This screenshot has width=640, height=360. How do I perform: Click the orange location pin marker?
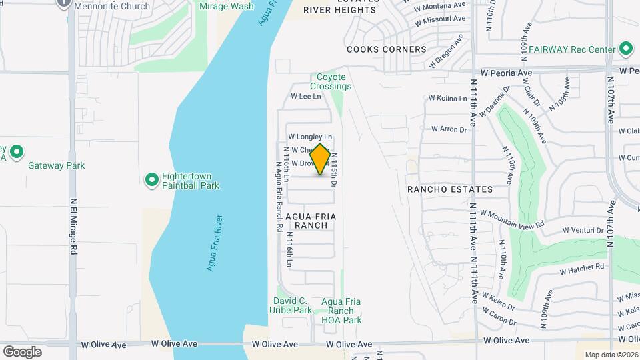click(x=320, y=160)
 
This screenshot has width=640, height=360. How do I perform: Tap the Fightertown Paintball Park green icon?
click(x=151, y=179)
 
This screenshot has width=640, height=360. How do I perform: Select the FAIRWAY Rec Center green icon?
click(x=625, y=49)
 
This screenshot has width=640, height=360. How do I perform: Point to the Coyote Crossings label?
click(x=331, y=82)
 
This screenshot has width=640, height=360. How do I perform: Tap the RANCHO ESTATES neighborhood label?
click(x=450, y=189)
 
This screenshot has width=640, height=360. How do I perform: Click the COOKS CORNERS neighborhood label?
click(x=386, y=49)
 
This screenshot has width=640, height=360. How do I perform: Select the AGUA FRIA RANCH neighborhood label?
click(x=311, y=221)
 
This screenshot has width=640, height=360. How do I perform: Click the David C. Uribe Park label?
click(x=290, y=305)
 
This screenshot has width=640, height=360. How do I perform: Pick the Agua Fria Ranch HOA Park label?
click(x=341, y=311)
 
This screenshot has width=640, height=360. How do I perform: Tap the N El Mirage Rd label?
click(x=73, y=227)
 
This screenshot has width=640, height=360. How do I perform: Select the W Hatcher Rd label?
click(x=581, y=269)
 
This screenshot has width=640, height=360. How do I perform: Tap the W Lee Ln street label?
click(x=306, y=96)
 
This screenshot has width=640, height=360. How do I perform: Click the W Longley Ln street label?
click(x=310, y=137)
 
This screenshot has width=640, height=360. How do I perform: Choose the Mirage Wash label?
click(x=227, y=6)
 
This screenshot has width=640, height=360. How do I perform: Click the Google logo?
click(x=22, y=351)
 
